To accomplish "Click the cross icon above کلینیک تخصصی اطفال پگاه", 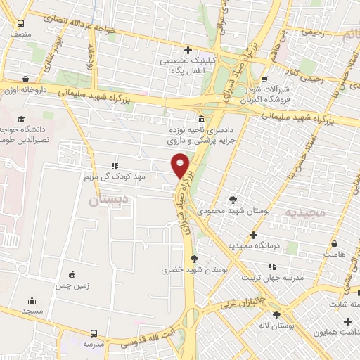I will [x=188, y=50].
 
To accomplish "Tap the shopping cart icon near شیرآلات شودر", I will [x=264, y=79].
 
